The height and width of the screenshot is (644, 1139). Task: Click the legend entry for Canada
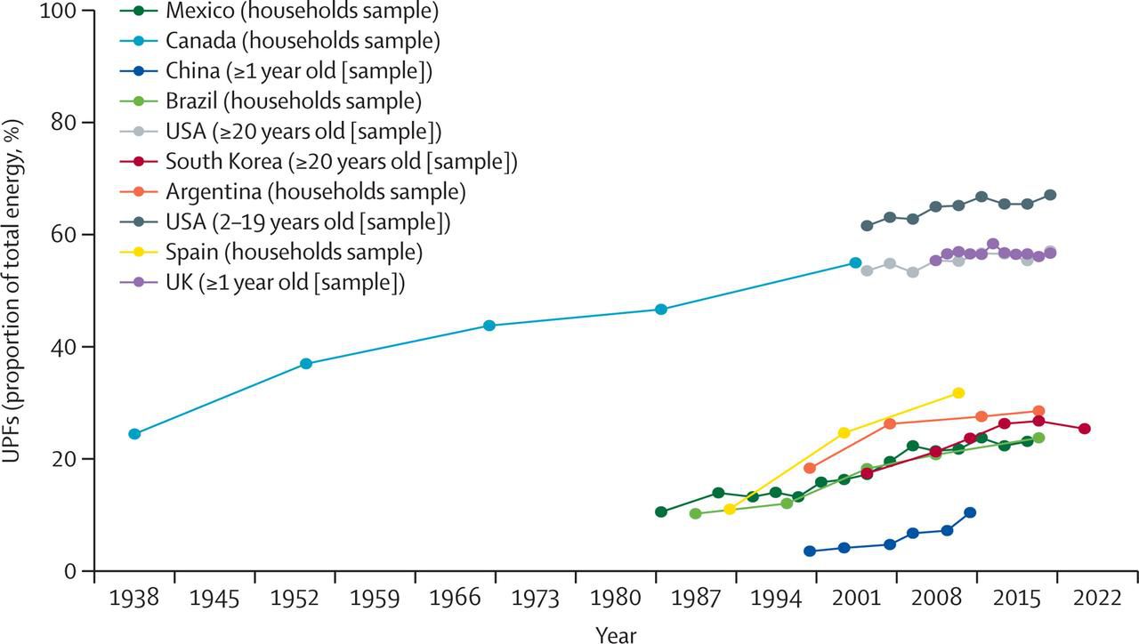[302, 40]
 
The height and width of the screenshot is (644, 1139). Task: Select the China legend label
[303, 70]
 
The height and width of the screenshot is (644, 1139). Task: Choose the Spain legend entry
[294, 253]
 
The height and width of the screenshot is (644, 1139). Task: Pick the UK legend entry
[285, 283]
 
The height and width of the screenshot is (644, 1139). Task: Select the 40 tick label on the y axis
[67, 347]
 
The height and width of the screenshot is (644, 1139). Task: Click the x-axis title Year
[616, 633]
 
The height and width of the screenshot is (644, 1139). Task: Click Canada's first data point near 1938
[134, 434]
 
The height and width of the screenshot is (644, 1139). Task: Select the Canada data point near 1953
[306, 364]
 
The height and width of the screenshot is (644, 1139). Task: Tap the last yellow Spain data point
[958, 392]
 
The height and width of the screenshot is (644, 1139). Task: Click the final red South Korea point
[1084, 429]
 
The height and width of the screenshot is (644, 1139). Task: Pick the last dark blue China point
[970, 512]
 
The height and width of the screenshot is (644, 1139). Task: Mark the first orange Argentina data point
[810, 468]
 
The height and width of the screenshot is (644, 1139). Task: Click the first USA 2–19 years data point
[867, 226]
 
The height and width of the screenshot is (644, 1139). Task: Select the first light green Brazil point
[695, 514]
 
